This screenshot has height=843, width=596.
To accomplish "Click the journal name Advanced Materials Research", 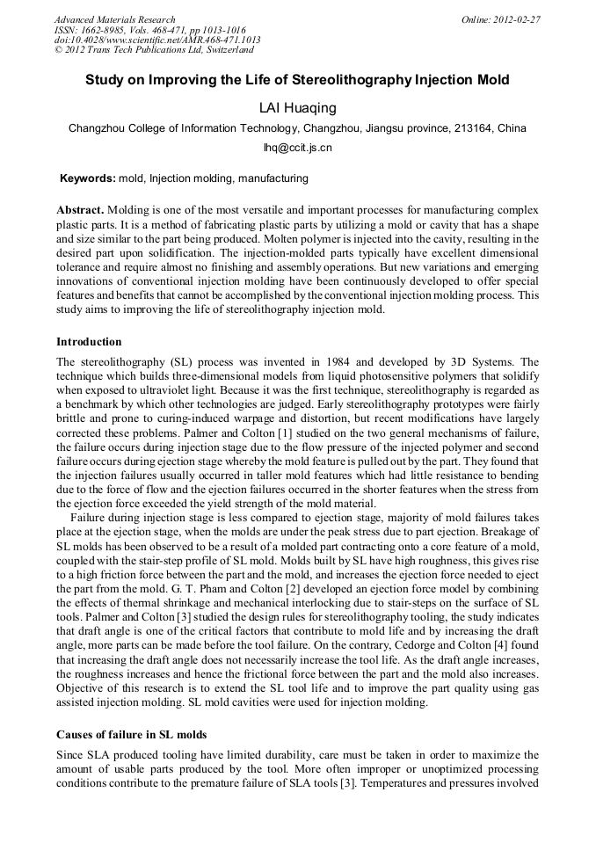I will (x=114, y=19).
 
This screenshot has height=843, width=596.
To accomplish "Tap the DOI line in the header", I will (x=157, y=40).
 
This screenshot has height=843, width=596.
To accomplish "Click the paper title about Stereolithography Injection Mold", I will (x=297, y=80).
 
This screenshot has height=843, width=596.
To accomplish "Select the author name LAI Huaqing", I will (x=298, y=108).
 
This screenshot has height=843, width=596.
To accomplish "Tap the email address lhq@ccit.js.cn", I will (x=298, y=149).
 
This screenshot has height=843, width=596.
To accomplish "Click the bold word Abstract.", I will (x=80, y=211).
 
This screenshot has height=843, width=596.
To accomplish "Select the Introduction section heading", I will (x=89, y=341).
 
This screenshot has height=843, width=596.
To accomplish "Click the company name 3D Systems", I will (x=502, y=362).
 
